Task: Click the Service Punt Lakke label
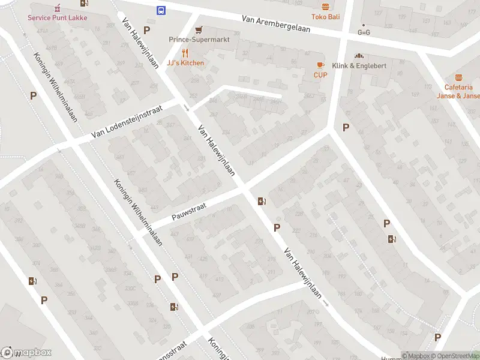[x=57, y=17]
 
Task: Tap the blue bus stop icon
[x=161, y=10]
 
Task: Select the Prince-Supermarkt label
[x=199, y=40]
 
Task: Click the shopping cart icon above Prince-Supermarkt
[x=199, y=29]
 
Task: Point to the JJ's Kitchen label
[x=185, y=63]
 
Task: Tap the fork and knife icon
[x=185, y=53]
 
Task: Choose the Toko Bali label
[x=325, y=17]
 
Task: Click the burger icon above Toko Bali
[x=325, y=7]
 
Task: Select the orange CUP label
[x=320, y=75]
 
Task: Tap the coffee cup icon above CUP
[x=320, y=65]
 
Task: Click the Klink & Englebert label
[x=359, y=65]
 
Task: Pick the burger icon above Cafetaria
[x=459, y=77]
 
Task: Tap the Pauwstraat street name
[x=189, y=211]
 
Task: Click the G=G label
[x=364, y=32]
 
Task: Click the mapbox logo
[x=26, y=353]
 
